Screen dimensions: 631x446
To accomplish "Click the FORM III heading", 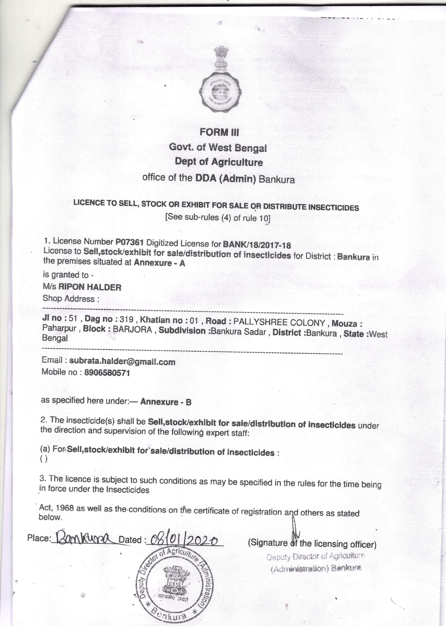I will coord(219,132).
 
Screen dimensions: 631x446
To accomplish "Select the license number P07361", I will coord(129,242).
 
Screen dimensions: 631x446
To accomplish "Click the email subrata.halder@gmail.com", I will coord(122,362).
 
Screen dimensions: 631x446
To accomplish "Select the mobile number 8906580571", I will coord(107,373).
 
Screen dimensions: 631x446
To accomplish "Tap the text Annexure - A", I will coord(159,263).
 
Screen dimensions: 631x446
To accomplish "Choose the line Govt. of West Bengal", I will coord(218,148).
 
